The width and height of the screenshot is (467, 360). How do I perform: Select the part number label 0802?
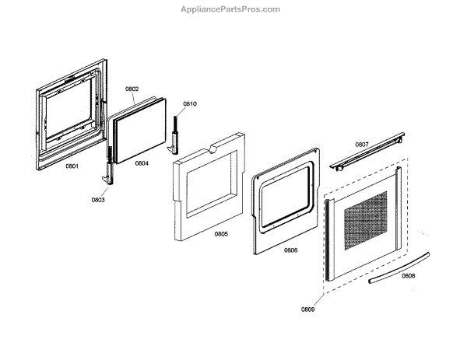click(x=132, y=89)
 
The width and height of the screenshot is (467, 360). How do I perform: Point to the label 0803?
click(x=98, y=200)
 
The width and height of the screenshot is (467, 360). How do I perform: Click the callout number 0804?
click(x=141, y=163)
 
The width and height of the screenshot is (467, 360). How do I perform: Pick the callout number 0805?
click(x=221, y=233)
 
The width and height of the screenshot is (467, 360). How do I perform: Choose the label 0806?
click(x=290, y=250)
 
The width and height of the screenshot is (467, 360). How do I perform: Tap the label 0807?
click(x=362, y=145)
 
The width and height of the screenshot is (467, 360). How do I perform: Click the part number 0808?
click(x=408, y=275)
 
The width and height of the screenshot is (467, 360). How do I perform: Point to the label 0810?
click(x=190, y=103)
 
